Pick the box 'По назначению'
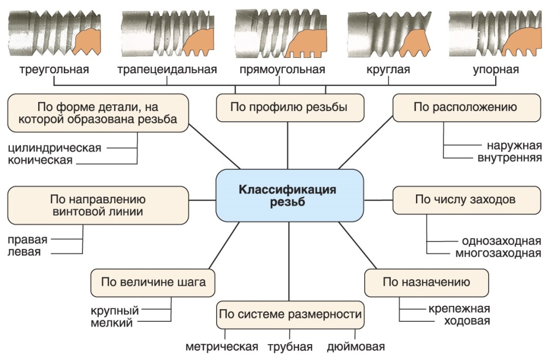click(426, 282)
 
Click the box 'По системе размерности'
click(290, 314)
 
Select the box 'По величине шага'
click(153, 282)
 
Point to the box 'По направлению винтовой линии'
click(98, 205)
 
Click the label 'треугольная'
click(54, 70)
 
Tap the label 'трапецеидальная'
click(167, 70)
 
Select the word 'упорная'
click(496, 70)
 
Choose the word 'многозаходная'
click(498, 253)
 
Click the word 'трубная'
click(290, 347)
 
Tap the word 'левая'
click(24, 252)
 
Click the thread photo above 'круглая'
click(388, 34)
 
